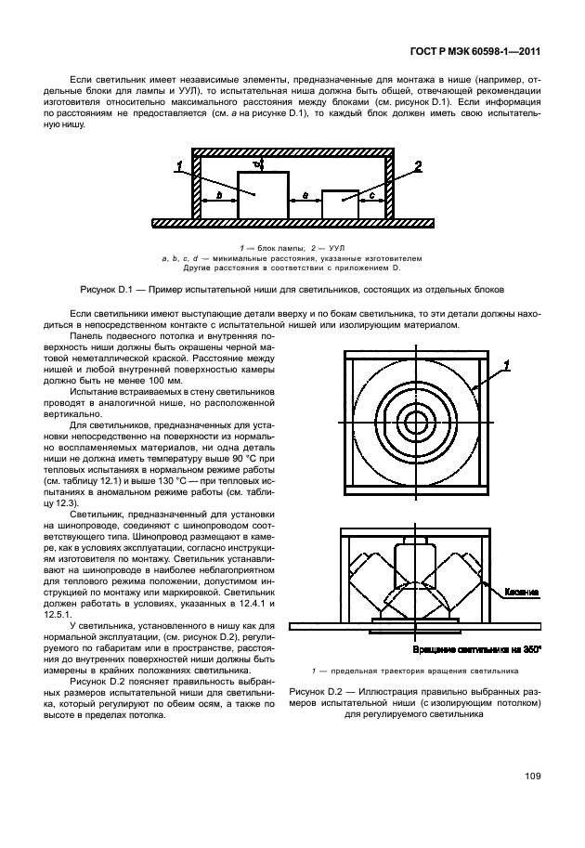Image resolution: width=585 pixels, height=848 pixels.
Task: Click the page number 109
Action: click(532, 776)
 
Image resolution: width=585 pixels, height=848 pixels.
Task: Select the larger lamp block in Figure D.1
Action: click(262, 194)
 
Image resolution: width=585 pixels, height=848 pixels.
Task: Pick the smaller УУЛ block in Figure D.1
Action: click(340, 204)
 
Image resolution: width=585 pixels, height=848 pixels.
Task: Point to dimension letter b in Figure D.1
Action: click(216, 197)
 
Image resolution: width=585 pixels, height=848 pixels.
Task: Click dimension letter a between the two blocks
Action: click(305, 197)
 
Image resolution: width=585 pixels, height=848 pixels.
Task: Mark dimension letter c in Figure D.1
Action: click(371, 197)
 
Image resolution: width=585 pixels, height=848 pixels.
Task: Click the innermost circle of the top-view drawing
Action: click(413, 423)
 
